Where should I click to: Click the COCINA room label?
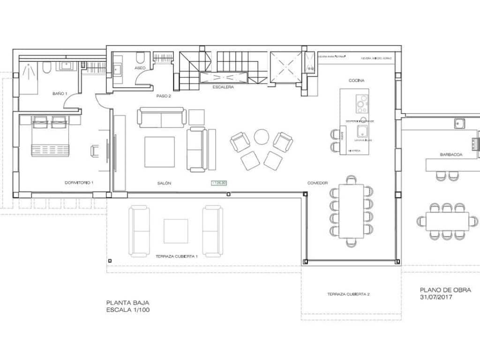(356, 80)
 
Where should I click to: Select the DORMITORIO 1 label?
(79, 182)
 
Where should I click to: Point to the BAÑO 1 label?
(60, 94)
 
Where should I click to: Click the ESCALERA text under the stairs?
(223, 87)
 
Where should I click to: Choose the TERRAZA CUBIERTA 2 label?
(349, 294)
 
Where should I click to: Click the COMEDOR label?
(317, 183)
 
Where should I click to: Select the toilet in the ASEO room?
(140, 58)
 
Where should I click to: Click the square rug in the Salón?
(159, 151)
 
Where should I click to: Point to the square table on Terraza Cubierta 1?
(176, 231)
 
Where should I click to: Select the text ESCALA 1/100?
(128, 310)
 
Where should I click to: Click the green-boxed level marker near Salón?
(219, 182)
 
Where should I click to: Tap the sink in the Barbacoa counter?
(458, 124)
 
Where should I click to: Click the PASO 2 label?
(164, 96)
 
